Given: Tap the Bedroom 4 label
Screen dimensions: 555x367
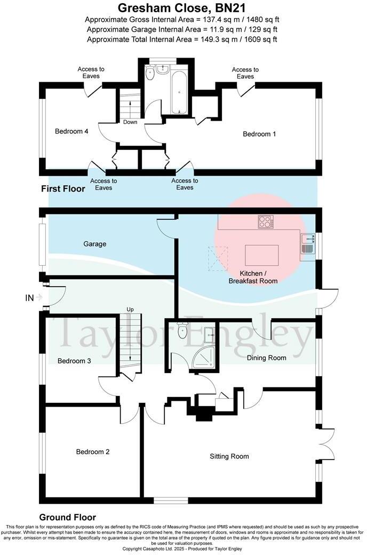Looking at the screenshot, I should [x=71, y=131].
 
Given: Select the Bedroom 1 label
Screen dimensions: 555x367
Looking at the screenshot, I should [x=259, y=134].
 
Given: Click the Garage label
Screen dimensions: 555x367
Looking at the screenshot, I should [x=94, y=244].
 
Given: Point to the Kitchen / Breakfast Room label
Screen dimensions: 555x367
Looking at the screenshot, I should [x=253, y=277].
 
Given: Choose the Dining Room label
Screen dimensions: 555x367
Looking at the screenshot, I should [x=266, y=358].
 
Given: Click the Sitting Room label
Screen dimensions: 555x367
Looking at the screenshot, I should [x=229, y=456].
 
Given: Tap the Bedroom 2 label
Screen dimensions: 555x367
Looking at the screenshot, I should [x=92, y=451].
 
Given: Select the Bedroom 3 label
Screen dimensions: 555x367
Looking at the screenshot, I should [x=74, y=361].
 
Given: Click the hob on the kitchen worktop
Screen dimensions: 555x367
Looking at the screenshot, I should [x=265, y=221].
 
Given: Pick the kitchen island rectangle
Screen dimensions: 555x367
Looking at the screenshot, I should [x=261, y=255].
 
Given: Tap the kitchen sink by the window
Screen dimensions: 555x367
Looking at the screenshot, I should [x=307, y=243].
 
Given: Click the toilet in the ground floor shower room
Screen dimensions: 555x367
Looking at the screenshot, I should [x=183, y=330].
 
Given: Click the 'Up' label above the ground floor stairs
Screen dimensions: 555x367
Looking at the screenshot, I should [x=130, y=310].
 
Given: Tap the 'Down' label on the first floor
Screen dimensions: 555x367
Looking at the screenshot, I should [x=130, y=122].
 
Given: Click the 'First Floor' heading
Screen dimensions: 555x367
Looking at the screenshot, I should [x=63, y=189].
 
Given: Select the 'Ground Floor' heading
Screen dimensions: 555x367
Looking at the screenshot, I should [x=67, y=517].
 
